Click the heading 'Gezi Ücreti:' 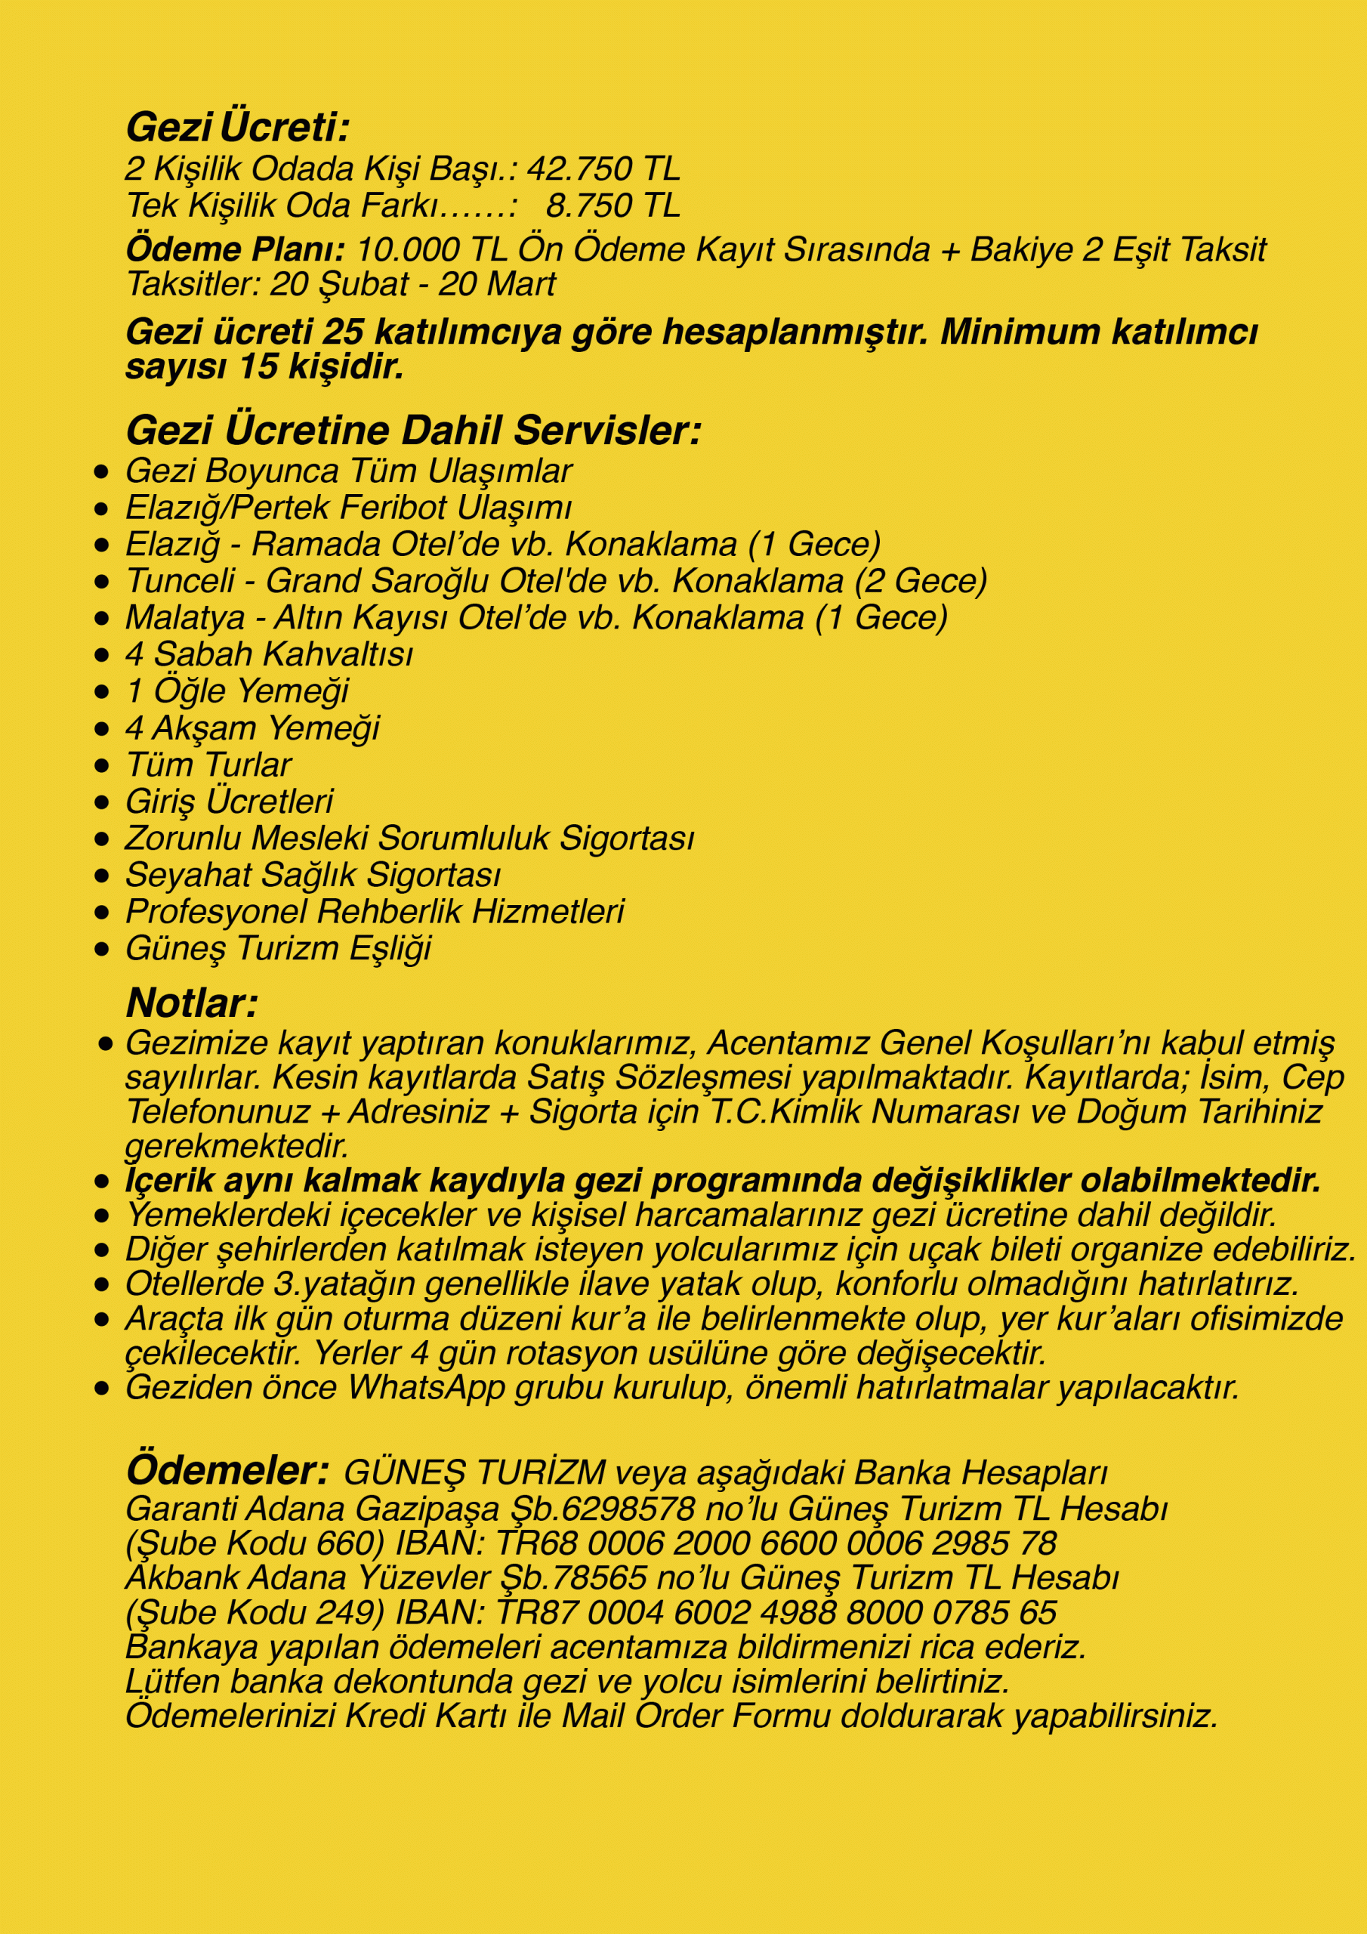236,128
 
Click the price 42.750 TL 603,169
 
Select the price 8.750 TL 613,205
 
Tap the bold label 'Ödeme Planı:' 235,249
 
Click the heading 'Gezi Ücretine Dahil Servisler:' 412,431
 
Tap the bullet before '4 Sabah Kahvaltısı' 102,655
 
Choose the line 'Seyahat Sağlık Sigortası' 313,875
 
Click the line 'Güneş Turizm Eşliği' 278,948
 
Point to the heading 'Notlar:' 191,1003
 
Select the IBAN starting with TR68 775,1543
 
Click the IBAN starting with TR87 775,1612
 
